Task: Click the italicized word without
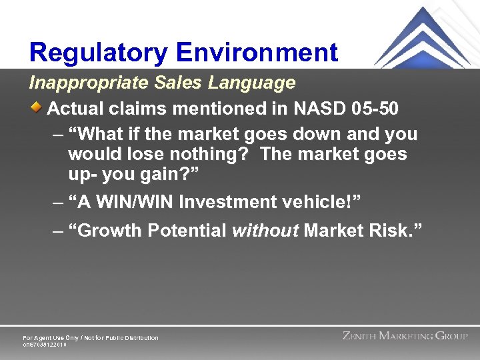[265, 231]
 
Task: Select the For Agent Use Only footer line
[91, 338]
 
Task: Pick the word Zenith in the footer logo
[359, 336]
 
